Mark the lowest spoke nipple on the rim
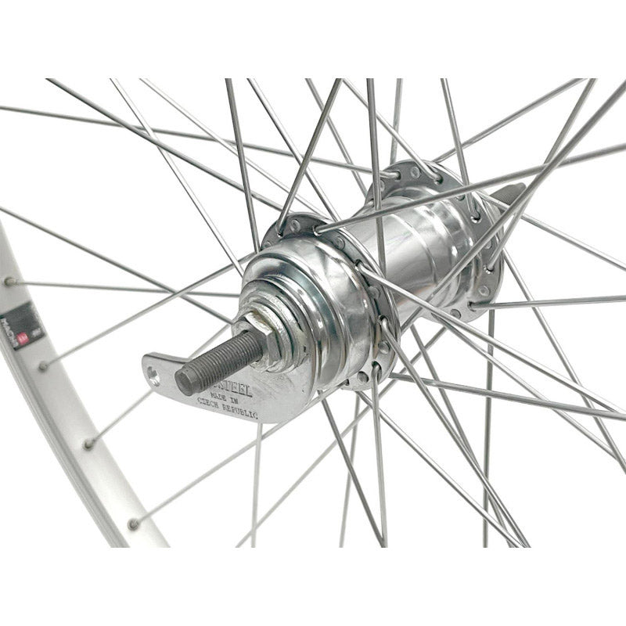[x=134, y=523]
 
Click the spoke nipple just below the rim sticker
[x=43, y=365]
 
